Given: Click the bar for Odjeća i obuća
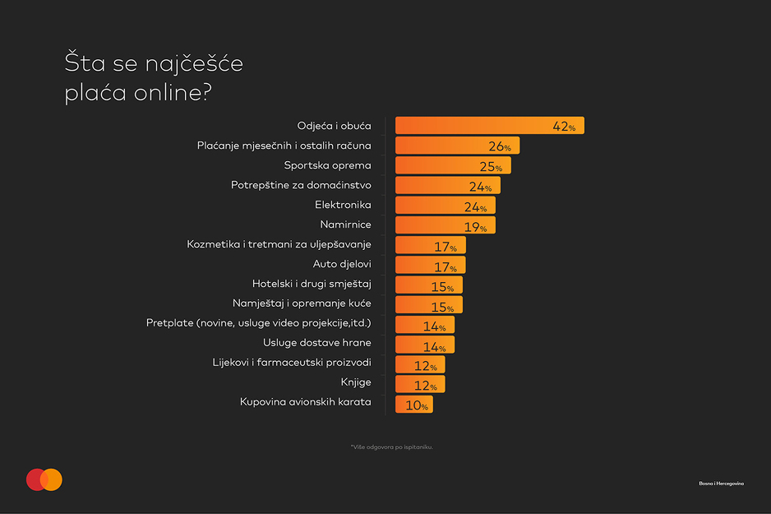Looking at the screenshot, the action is coord(490,126).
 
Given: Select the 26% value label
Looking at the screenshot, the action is coord(500,146).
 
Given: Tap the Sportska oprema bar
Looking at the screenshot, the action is coord(453,165).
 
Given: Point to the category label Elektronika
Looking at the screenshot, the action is coord(343,205).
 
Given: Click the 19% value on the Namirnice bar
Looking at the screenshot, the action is coord(475,227).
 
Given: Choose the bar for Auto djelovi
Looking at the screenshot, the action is coord(430,265).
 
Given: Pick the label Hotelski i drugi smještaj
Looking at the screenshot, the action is coord(312,284).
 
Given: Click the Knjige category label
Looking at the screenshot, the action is coord(356,382).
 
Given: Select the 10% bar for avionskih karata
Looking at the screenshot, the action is coord(414,405).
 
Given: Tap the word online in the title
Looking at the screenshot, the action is coord(172,92).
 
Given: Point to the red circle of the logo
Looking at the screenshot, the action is coord(35,479).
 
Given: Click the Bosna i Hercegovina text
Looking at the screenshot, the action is coord(722,484).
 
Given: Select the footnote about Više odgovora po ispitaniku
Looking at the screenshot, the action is coord(392,447).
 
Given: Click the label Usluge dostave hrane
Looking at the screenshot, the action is coord(317,342).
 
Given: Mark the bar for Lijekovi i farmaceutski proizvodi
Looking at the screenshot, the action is coord(420,364).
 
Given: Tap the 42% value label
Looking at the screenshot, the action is coord(564,127).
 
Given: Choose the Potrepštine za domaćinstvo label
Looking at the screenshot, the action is coord(301,185).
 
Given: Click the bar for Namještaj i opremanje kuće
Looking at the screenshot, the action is coord(429,305).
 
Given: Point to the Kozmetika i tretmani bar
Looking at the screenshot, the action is coord(430,245).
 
